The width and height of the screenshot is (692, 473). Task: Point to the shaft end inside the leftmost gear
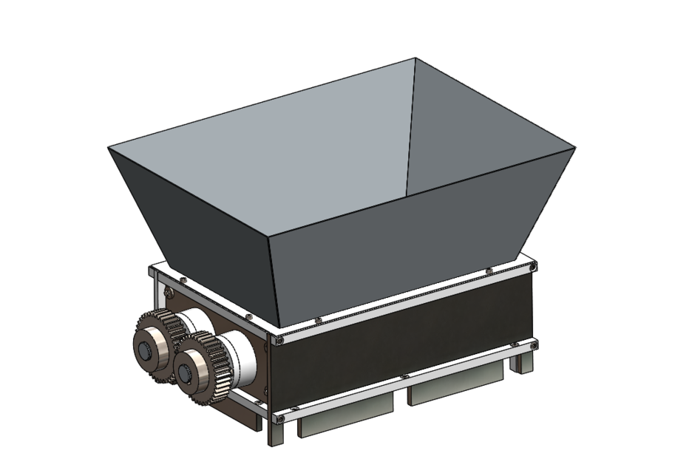pyautogui.click(x=147, y=348)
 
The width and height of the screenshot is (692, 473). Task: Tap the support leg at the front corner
pyautogui.click(x=274, y=432)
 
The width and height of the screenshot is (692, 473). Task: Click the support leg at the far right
pyautogui.click(x=523, y=361)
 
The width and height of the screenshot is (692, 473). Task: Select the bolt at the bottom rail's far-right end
pyautogui.click(x=534, y=342)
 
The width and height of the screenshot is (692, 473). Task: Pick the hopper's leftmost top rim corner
pyautogui.click(x=109, y=148)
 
